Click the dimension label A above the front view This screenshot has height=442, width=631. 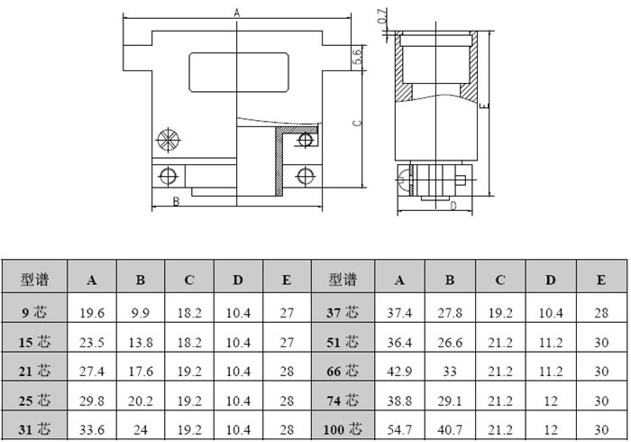[236, 13]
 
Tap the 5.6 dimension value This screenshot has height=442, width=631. [357, 56]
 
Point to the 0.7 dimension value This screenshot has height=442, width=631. [383, 16]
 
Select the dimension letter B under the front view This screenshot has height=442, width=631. [176, 201]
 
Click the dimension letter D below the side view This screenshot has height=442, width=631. [453, 206]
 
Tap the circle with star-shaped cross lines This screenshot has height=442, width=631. [168, 140]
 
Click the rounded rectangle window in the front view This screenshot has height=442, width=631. [239, 72]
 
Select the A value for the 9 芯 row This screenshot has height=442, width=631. [92, 313]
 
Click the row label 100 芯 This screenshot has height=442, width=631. [343, 429]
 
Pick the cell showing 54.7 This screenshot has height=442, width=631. [399, 429]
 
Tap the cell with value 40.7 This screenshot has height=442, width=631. [450, 429]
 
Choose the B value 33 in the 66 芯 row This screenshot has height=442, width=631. [450, 371]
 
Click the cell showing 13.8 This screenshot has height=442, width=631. [141, 343]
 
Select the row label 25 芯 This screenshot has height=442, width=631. [34, 401]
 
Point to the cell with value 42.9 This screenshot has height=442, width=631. [399, 371]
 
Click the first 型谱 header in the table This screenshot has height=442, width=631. [34, 280]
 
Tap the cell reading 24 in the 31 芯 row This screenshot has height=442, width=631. [141, 429]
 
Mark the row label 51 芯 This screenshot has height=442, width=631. [343, 342]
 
